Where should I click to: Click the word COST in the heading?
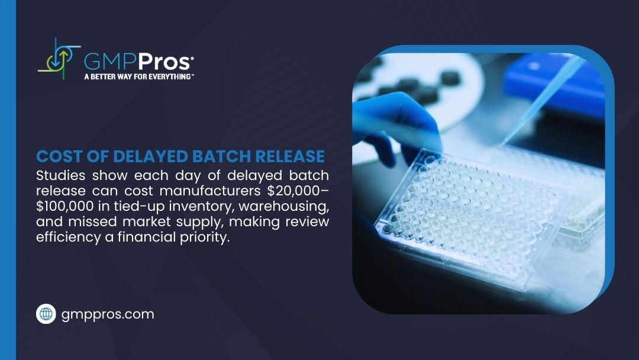[x=56, y=156]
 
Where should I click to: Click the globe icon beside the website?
[x=46, y=314]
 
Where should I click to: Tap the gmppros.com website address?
[x=108, y=314]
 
